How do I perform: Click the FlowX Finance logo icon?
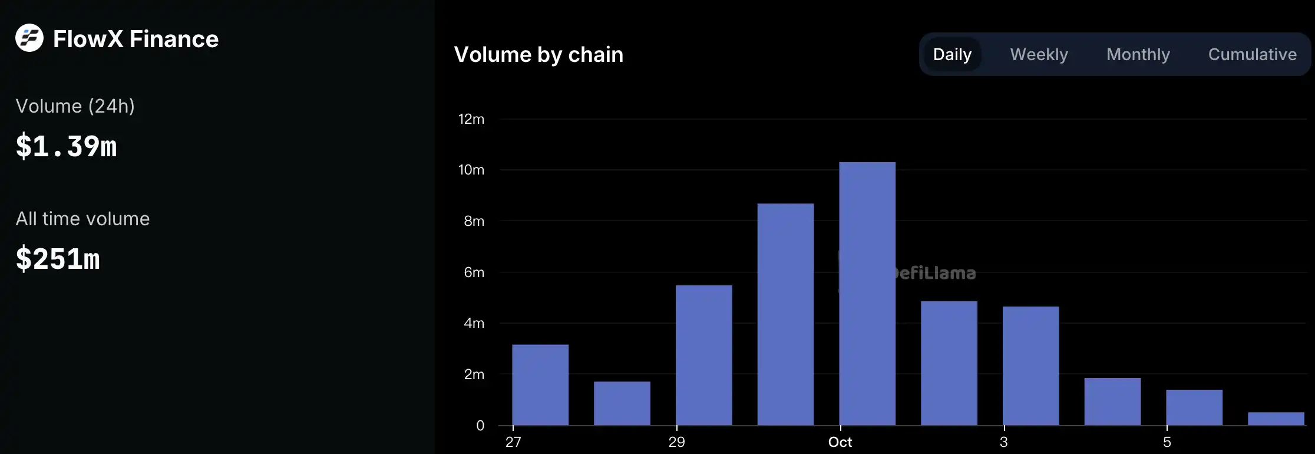click(x=29, y=38)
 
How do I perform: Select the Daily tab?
click(x=952, y=54)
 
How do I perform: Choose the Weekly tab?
click(x=1039, y=54)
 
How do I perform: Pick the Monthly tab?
click(x=1138, y=54)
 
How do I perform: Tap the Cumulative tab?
click(x=1252, y=54)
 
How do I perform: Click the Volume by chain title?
click(x=538, y=54)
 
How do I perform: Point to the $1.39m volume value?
click(x=67, y=146)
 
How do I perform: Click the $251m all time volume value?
click(x=58, y=259)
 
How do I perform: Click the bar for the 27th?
click(x=540, y=385)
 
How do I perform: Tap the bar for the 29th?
click(x=704, y=356)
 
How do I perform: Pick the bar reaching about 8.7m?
click(x=785, y=314)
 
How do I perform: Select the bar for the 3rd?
click(x=1030, y=366)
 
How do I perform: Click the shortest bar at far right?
click(x=1276, y=419)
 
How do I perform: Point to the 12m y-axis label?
click(x=471, y=119)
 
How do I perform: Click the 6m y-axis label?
click(x=474, y=272)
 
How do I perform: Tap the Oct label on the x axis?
click(x=840, y=442)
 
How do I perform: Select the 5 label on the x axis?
click(x=1167, y=442)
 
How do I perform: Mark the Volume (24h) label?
click(x=75, y=106)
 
